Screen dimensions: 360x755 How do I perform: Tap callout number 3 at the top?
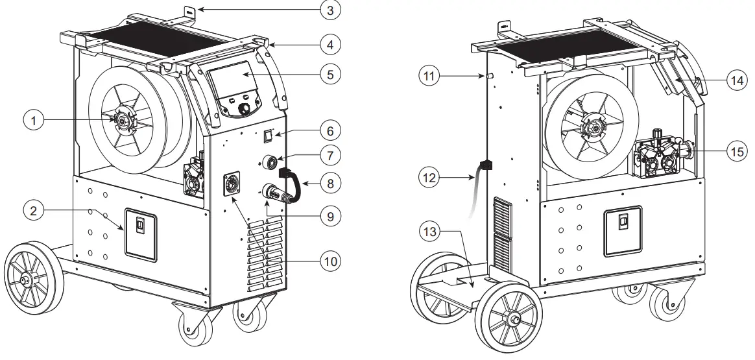331,10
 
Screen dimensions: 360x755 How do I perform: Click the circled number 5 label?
331,74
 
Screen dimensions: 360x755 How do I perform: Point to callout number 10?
331,261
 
